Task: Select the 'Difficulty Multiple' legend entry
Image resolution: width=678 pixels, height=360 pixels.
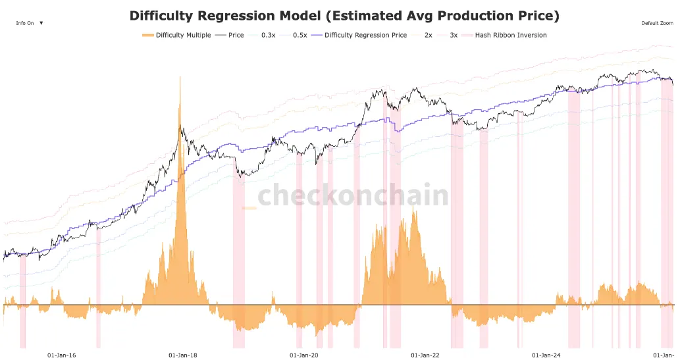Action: coord(183,35)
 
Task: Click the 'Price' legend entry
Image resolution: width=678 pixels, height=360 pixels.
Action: coord(236,35)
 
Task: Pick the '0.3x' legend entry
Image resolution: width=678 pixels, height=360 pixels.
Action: coord(268,35)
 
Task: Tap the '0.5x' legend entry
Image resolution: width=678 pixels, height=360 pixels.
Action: coord(300,35)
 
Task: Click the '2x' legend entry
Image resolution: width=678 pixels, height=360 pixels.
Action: coord(428,35)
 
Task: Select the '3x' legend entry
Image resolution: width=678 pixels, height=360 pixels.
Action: coord(454,35)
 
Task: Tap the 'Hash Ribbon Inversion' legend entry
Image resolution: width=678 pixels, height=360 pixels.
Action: coord(511,35)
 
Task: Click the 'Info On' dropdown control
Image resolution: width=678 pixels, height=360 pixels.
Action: coord(30,23)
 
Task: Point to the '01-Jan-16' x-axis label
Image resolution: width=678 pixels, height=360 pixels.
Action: coord(62,355)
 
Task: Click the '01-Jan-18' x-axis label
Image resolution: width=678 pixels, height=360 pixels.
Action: coord(183,355)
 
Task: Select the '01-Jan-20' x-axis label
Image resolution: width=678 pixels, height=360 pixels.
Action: coord(304,355)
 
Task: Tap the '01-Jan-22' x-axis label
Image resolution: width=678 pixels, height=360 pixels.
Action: coord(425,355)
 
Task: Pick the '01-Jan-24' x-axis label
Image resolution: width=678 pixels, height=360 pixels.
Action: coord(546,355)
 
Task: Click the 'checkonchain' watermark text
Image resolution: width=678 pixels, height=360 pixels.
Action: coord(353,196)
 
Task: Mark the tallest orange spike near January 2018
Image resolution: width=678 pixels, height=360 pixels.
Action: coord(179,79)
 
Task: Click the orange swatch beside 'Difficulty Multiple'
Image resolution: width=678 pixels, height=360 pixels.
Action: coord(147,35)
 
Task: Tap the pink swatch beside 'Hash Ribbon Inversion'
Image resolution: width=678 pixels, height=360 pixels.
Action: coord(467,35)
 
